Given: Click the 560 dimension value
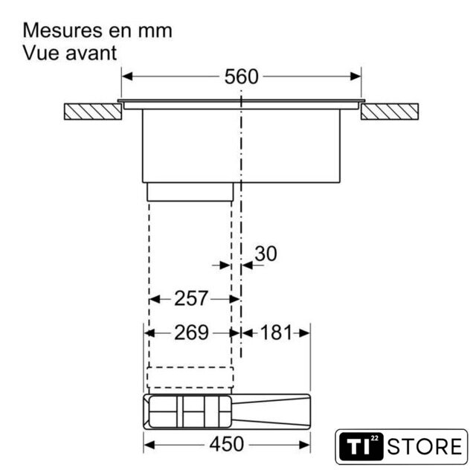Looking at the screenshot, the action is [x=241, y=77].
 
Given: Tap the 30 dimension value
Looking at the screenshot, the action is [x=266, y=254].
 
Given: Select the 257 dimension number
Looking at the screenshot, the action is [x=191, y=298].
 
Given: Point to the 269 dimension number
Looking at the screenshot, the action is [x=191, y=332].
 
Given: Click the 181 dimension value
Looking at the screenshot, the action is [x=276, y=332].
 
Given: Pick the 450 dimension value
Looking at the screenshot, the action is [x=226, y=444].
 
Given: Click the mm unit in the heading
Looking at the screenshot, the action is [x=155, y=31].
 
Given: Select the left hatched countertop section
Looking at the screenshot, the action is [x=93, y=112].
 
